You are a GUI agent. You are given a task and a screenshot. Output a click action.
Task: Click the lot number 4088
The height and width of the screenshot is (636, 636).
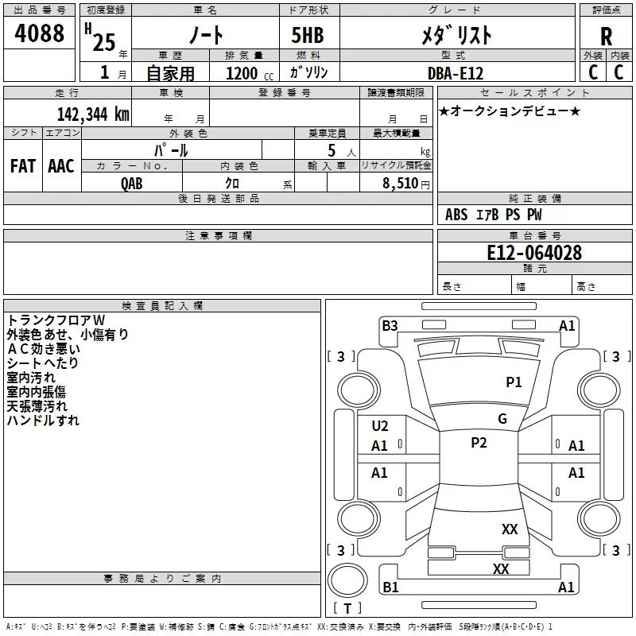click(x=39, y=33)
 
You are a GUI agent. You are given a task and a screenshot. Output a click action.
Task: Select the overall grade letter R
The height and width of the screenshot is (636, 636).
click(x=606, y=37)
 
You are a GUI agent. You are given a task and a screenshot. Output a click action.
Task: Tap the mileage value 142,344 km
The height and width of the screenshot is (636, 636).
click(x=93, y=114)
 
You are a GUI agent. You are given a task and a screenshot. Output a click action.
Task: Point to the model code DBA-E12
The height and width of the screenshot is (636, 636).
click(x=456, y=73)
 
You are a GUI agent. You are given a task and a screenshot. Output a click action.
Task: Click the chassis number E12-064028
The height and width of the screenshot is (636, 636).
click(x=534, y=253)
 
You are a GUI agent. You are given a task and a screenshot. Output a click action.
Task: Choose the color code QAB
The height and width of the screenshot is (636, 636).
click(x=131, y=184)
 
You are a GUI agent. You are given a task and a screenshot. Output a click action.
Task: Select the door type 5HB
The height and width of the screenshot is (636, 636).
click(x=308, y=35)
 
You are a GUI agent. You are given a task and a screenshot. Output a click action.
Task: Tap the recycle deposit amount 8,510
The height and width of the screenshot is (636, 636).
click(x=400, y=183)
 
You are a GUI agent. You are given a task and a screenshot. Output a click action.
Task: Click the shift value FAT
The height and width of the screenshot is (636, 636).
click(x=23, y=166)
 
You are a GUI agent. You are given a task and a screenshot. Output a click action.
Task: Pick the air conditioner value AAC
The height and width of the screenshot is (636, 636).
click(x=61, y=166)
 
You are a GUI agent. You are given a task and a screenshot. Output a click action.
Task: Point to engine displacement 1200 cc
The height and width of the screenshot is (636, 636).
click(x=250, y=73)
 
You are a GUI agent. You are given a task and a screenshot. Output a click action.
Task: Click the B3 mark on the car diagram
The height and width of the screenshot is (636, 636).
click(x=390, y=326)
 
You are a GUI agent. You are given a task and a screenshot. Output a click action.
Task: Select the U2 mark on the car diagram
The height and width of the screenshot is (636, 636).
click(x=380, y=426)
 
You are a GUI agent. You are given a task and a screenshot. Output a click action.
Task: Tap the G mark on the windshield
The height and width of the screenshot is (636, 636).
click(x=502, y=419)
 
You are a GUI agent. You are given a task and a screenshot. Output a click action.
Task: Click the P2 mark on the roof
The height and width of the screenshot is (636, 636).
click(x=479, y=443)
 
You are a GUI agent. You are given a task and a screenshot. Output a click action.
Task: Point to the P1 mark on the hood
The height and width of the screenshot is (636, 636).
click(x=514, y=382)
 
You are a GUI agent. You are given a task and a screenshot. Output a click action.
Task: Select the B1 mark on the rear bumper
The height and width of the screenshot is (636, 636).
click(x=390, y=587)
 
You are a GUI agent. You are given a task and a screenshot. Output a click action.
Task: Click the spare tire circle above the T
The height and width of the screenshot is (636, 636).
click(x=347, y=580)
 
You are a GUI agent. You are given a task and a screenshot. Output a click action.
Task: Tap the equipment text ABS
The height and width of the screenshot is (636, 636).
click(x=456, y=215)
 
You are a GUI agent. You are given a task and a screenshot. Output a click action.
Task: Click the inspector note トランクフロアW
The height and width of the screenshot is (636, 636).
click(x=56, y=320)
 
